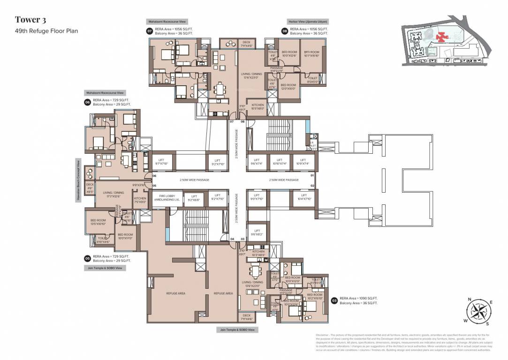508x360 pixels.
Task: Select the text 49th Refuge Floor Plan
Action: [46, 31]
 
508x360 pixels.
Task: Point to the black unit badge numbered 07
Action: [150, 31]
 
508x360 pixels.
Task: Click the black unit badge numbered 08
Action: [284, 31]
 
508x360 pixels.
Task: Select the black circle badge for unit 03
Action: [334, 300]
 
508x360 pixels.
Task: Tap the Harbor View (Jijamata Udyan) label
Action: [308, 22]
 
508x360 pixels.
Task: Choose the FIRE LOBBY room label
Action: [164, 197]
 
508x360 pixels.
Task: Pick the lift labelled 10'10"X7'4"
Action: [281, 162]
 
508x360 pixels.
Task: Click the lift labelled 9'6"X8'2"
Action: [257, 232]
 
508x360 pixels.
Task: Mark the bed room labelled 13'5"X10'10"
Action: [98, 222]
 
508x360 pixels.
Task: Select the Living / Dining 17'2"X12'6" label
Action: [113, 194]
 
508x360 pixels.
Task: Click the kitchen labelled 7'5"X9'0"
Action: [140, 200]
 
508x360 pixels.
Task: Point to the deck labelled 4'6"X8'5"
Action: [90, 188]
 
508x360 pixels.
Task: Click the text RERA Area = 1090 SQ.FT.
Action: [359, 298]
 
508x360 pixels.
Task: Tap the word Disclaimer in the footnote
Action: [325, 335]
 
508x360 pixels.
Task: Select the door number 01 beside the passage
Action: [311, 175]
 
